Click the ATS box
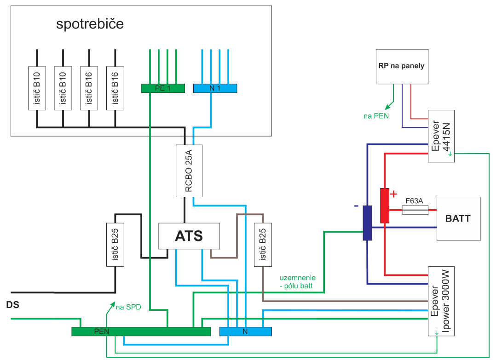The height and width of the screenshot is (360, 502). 189,236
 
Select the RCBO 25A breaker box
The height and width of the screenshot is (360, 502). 185,171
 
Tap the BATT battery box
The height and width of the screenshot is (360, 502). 458,218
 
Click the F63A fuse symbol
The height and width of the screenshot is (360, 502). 415,210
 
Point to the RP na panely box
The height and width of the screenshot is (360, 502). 401,66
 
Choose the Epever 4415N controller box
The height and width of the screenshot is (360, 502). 441,136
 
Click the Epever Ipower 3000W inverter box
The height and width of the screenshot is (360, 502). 441,302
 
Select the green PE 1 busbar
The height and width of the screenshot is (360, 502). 162,88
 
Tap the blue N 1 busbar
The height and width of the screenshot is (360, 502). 215,88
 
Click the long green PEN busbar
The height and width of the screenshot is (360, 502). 141,331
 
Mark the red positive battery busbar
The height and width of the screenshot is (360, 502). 385,206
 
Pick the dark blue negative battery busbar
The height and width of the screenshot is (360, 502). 367,223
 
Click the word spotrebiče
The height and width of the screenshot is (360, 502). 90,24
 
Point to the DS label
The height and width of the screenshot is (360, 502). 13,305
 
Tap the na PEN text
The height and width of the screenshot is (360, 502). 376,116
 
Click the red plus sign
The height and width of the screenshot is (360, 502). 393,194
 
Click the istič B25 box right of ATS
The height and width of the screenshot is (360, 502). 262,244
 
